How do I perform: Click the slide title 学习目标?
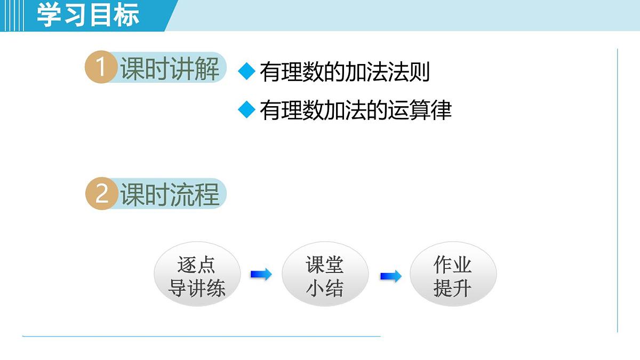coord(88,15)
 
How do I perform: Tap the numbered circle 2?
coord(101,194)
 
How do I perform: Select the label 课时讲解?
coord(170,69)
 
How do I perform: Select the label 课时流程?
coord(170,194)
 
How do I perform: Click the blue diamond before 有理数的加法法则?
coord(246,71)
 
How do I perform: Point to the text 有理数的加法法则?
coord(345,72)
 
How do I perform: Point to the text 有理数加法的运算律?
coord(355,110)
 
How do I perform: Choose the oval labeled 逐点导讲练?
coord(197,277)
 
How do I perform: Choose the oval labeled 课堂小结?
coord(325,277)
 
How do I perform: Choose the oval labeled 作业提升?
coord(453,277)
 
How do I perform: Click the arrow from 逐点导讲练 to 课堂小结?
coord(261,275)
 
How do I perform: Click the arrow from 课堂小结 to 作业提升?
coord(390,276)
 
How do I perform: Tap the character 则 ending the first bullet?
coord(420,72)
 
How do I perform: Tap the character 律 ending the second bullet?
coord(441,110)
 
